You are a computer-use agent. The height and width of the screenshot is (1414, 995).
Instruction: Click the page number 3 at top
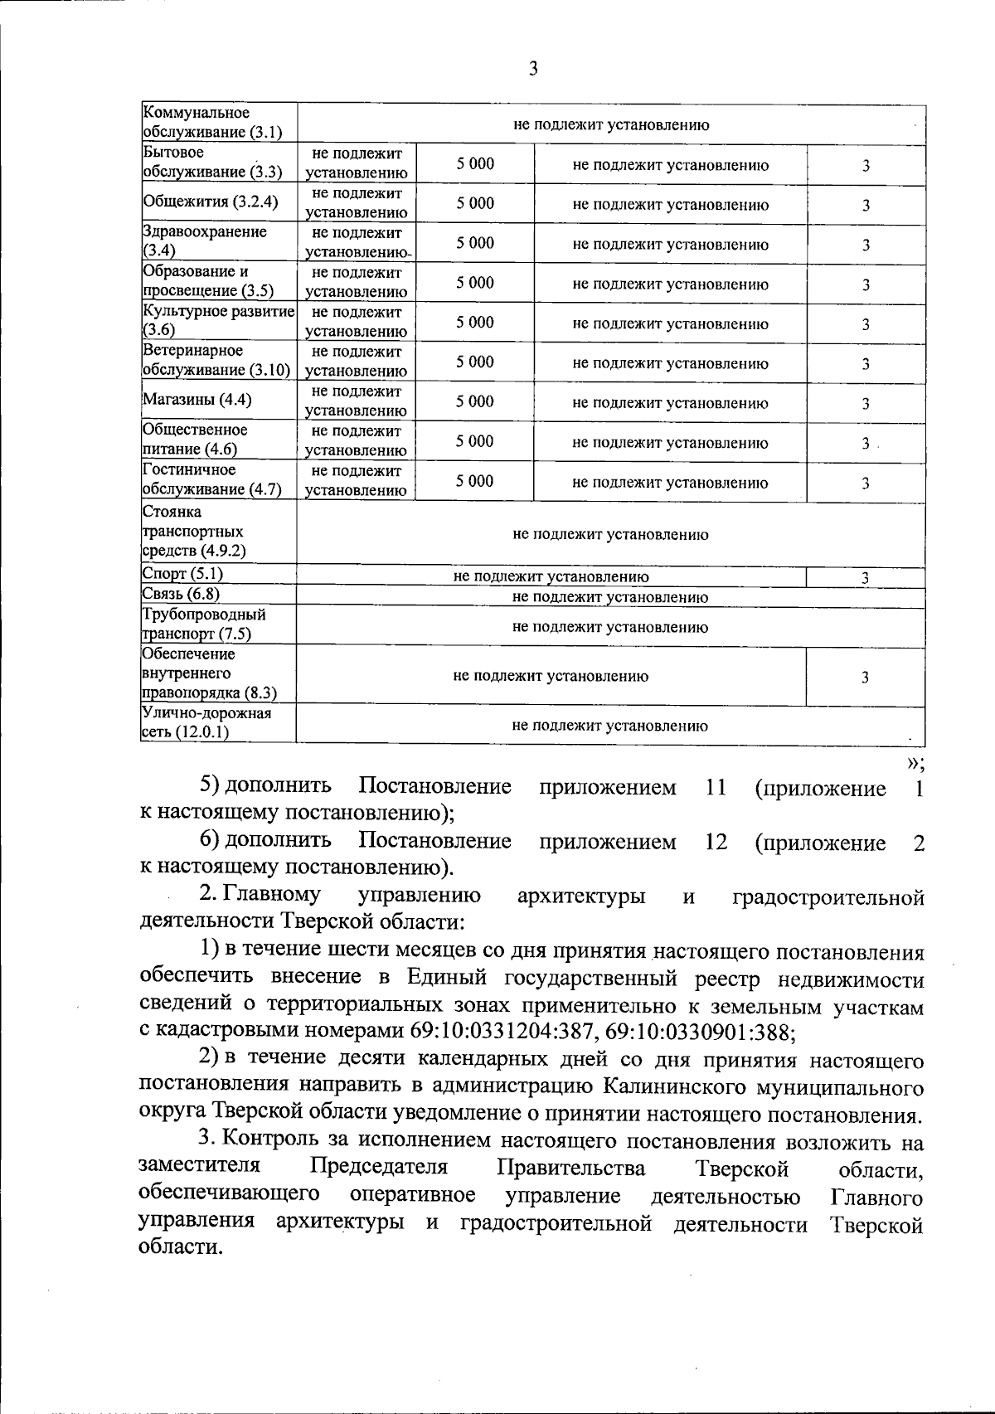532,70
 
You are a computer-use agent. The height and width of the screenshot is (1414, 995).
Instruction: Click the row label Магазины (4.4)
197,401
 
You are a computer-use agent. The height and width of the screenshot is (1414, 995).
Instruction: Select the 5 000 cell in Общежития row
474,203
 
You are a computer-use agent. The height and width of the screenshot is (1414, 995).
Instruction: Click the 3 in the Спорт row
865,579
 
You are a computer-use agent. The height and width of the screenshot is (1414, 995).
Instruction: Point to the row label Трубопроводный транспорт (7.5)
204,624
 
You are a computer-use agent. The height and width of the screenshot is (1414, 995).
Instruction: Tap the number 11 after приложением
716,787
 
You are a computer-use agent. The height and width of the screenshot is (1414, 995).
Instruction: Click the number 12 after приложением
716,842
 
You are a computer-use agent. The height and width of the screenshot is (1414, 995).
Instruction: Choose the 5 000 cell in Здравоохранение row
474,243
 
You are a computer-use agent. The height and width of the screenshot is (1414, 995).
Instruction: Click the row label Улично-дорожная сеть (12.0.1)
206,722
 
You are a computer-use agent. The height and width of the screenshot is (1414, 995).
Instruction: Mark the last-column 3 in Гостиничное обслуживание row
865,483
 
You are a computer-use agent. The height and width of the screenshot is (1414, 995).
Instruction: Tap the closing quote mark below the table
914,761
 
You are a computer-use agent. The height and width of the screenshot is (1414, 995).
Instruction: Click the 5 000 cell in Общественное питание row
474,441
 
